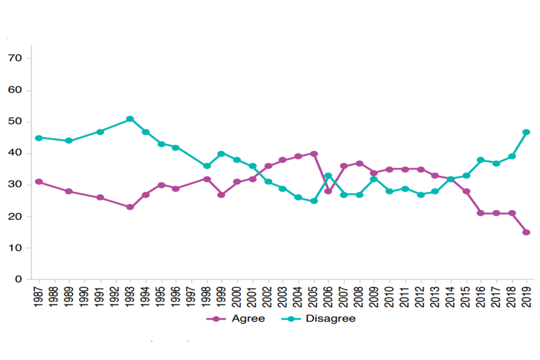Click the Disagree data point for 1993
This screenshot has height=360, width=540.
[x=130, y=119]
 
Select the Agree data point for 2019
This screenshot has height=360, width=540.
[x=526, y=232]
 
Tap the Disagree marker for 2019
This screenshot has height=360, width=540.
[x=526, y=132]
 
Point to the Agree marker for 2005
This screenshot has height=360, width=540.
[x=314, y=154]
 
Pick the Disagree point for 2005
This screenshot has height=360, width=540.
[x=314, y=201]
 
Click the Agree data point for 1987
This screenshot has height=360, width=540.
[x=39, y=182]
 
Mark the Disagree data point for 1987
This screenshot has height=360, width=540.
[x=39, y=138]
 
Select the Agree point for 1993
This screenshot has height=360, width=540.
[x=130, y=207]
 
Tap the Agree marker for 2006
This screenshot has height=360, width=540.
[x=328, y=191]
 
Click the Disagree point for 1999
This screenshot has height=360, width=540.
[x=222, y=154]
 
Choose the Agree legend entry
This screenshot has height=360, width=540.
[x=236, y=319]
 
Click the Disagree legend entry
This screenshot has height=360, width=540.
[x=321, y=319]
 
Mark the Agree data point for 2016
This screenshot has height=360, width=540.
[x=481, y=213]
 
